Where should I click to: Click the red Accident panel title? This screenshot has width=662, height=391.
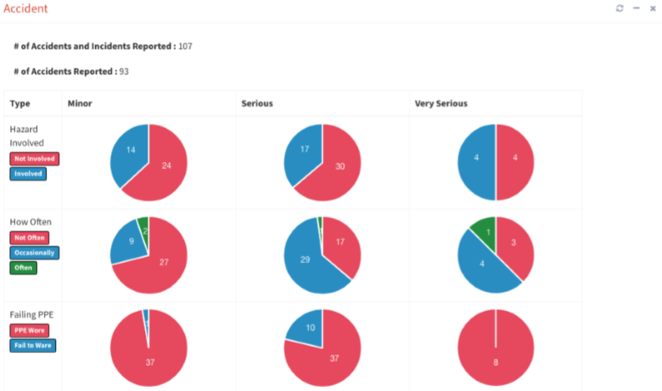pos(26,9)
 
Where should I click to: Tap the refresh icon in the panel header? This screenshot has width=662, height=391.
pos(620,9)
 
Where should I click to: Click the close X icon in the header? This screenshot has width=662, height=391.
pos(653,9)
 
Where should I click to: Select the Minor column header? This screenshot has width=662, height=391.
pos(80,103)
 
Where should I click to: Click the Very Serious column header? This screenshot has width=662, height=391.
pos(441,103)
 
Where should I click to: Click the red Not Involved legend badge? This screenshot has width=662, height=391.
pos(34,159)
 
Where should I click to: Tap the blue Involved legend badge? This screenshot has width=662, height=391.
pos(28,174)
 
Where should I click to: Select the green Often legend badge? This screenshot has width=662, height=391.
pos(23,268)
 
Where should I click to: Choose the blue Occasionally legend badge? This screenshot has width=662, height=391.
pos(34,253)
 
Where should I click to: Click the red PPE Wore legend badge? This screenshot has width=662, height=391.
pos(28,330)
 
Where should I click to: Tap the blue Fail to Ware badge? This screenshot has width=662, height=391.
pos(32,345)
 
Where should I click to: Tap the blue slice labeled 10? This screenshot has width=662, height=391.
pos(308,327)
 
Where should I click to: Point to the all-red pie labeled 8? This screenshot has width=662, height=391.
pos(495,348)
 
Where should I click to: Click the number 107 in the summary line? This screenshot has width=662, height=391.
pos(186,47)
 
